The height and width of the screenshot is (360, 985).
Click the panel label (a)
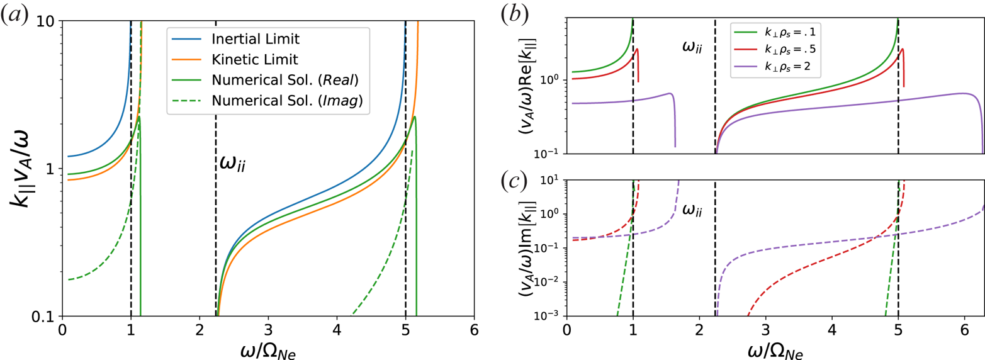click(x=14, y=13)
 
